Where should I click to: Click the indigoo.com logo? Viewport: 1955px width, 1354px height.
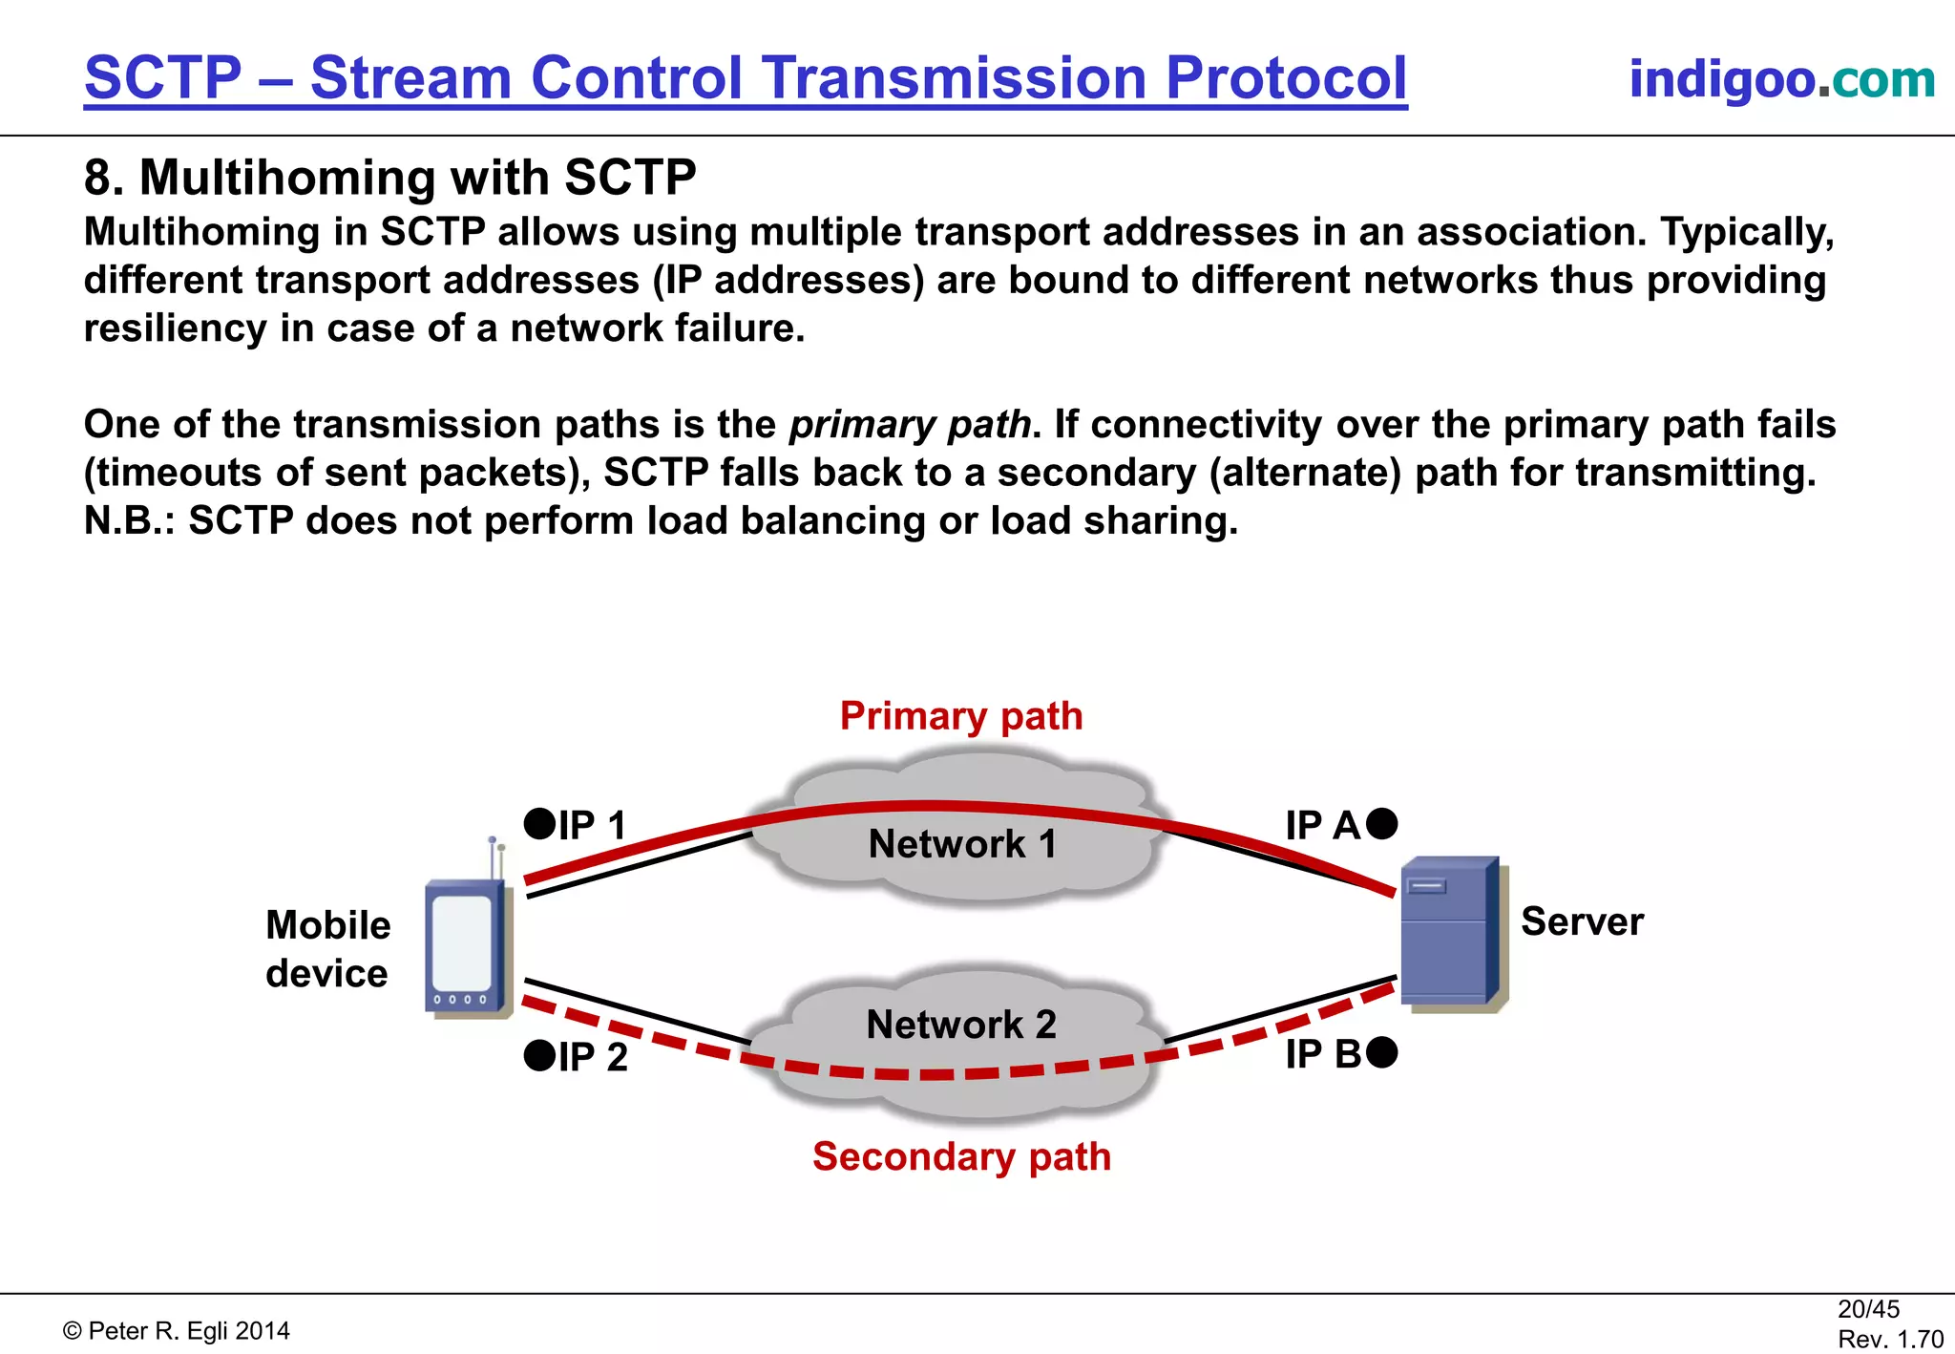pos(1781,79)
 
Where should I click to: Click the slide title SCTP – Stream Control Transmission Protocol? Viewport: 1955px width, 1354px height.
pos(746,78)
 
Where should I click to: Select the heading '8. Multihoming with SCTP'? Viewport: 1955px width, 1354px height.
pos(389,178)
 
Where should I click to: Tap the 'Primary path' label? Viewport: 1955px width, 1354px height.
pos(961,716)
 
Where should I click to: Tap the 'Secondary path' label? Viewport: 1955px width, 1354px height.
pos(961,1156)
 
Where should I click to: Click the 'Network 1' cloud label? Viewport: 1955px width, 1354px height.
pos(962,844)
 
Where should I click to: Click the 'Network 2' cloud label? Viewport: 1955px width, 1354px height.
pos(961,1025)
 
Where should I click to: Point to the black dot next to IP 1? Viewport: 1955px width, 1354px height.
pos(539,823)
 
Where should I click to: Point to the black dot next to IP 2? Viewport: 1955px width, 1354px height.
pos(539,1055)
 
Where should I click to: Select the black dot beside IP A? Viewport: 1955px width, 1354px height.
pos(1381,823)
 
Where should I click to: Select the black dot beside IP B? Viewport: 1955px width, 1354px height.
pos(1381,1052)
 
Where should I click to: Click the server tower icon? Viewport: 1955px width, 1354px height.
pos(1449,933)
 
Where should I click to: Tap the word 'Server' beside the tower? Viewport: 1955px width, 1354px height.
pos(1582,922)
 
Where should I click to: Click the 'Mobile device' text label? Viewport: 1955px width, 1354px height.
pos(327,949)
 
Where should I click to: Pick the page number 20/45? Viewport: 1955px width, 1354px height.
pos(1868,1309)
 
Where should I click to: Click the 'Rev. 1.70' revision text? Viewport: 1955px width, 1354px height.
pos(1890,1340)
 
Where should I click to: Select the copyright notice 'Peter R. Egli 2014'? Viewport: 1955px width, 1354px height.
pos(177,1331)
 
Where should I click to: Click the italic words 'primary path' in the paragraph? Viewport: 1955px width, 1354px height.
pos(910,425)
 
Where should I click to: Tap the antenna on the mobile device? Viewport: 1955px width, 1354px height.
pos(495,857)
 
